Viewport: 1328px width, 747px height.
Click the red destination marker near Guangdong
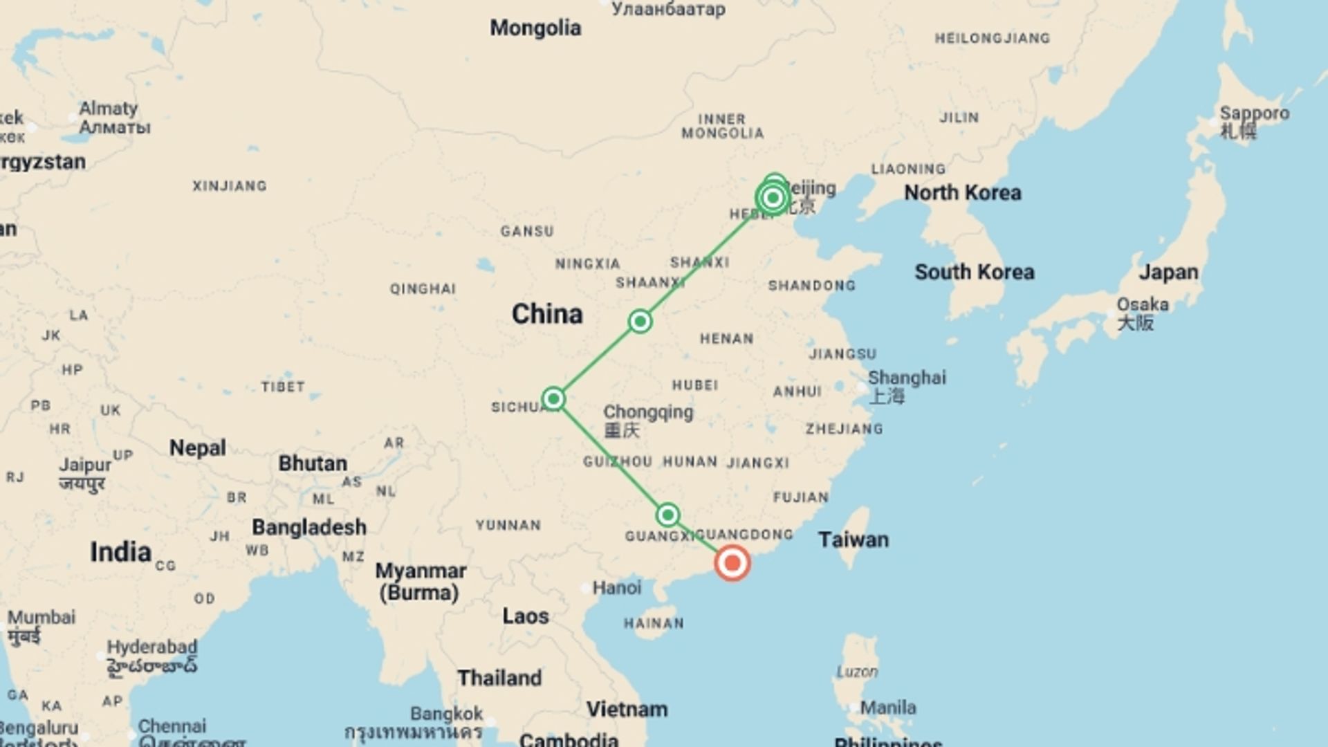(732, 562)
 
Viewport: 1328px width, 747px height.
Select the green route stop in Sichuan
(553, 398)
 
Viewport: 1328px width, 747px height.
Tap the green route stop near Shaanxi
(640, 321)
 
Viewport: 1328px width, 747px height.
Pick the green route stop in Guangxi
(667, 515)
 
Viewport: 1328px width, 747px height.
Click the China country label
(547, 314)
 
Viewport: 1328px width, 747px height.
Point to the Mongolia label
(535, 28)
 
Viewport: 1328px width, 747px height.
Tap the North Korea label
(962, 193)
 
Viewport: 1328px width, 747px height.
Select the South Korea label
(974, 272)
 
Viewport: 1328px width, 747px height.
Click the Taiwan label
(854, 539)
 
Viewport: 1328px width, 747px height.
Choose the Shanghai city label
(906, 378)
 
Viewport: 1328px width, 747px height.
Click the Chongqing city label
(647, 413)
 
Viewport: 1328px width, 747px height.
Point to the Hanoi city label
(616, 588)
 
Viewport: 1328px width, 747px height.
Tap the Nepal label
(197, 448)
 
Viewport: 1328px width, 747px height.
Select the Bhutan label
(312, 463)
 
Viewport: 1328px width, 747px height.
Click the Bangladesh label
(308, 527)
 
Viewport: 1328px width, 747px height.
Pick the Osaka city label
(1142, 305)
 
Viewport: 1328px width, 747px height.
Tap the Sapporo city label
(1254, 113)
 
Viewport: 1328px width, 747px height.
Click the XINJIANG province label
(229, 186)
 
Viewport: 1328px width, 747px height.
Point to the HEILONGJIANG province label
(992, 38)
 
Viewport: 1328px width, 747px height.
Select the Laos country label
(525, 616)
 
